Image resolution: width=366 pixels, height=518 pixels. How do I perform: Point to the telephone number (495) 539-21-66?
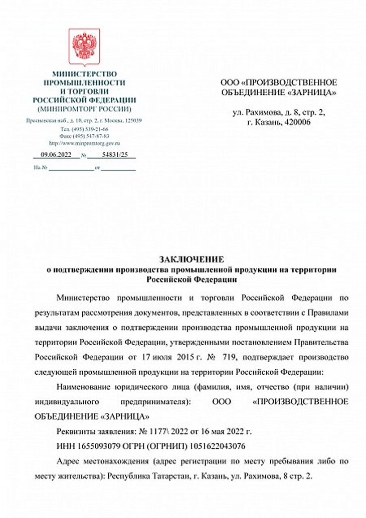coord(88,129)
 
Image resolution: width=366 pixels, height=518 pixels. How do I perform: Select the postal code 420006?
coord(299,122)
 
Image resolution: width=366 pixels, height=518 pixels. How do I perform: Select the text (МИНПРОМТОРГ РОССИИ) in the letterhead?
coord(84,108)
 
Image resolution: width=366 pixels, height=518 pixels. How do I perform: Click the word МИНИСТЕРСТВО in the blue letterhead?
coord(84,74)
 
